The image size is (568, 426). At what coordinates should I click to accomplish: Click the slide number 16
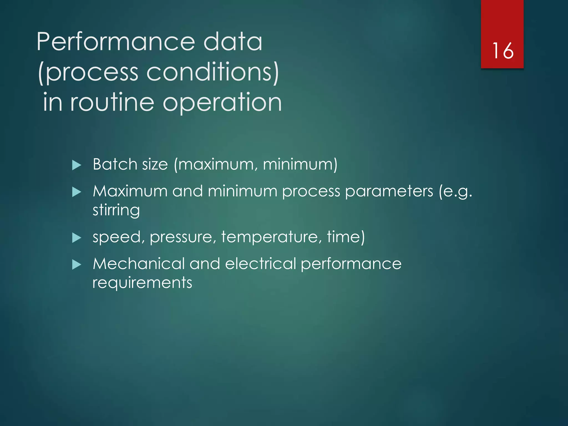(x=503, y=51)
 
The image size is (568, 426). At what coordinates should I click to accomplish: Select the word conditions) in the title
(x=212, y=72)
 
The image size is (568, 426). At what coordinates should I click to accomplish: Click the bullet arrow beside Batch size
(x=76, y=165)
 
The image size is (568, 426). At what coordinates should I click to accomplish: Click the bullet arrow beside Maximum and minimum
(x=76, y=192)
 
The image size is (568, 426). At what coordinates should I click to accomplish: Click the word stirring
(x=116, y=210)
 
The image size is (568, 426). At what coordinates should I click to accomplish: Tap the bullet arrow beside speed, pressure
(x=76, y=238)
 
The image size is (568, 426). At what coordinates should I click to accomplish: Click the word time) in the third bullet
(x=346, y=237)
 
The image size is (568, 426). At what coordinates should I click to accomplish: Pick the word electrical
(x=260, y=263)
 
